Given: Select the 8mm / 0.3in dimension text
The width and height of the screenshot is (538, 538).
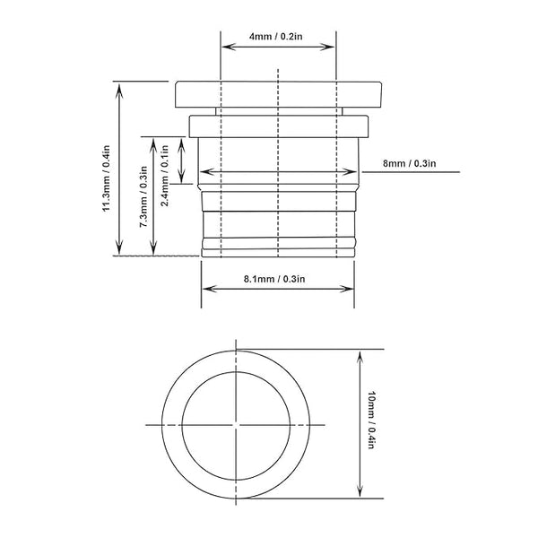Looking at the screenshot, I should coord(409,162).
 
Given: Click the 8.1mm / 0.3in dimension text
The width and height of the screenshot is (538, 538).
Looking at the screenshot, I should coord(274,279).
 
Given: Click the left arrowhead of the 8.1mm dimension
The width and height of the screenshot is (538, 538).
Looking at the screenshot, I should coord(207,289).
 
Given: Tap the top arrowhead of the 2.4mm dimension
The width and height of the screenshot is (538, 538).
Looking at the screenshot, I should coord(182,142).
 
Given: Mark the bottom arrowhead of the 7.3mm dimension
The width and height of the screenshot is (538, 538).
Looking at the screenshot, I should coord(154,250).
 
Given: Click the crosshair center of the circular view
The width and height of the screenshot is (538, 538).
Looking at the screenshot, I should coord(236,422).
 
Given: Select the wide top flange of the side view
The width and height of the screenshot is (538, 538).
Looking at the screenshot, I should coord(279,93).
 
